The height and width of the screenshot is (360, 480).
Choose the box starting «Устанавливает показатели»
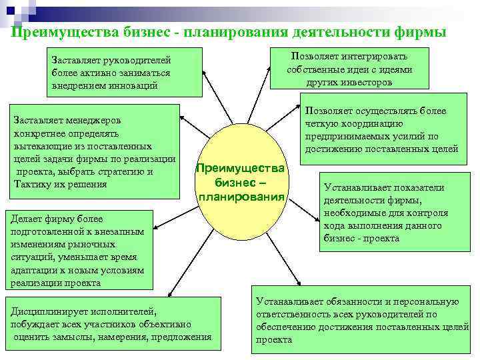385,213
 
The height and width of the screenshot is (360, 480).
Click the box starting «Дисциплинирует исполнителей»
111,323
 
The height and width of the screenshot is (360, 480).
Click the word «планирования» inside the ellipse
241,197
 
